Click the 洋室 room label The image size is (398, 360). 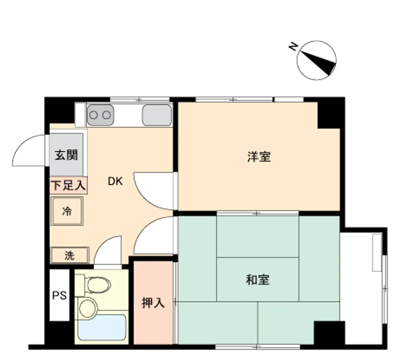tap(259, 157)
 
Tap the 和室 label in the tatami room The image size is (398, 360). tap(258, 280)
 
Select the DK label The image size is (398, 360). tap(115, 181)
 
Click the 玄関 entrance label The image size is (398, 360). tap(66, 155)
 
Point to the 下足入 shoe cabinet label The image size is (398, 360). tap(69, 186)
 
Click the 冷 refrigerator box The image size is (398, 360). tap(67, 211)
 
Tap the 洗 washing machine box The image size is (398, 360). tap(70, 255)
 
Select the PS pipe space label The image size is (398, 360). tap(59, 295)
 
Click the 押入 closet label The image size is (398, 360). tap(153, 303)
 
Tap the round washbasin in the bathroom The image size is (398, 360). tap(88, 308)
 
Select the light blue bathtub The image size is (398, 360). tap(102, 327)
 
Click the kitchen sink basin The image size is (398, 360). tap(157, 115)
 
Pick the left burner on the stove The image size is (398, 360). tap(94, 115)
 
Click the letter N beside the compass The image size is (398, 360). tap(293, 47)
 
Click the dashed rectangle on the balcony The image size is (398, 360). tap(377, 252)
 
